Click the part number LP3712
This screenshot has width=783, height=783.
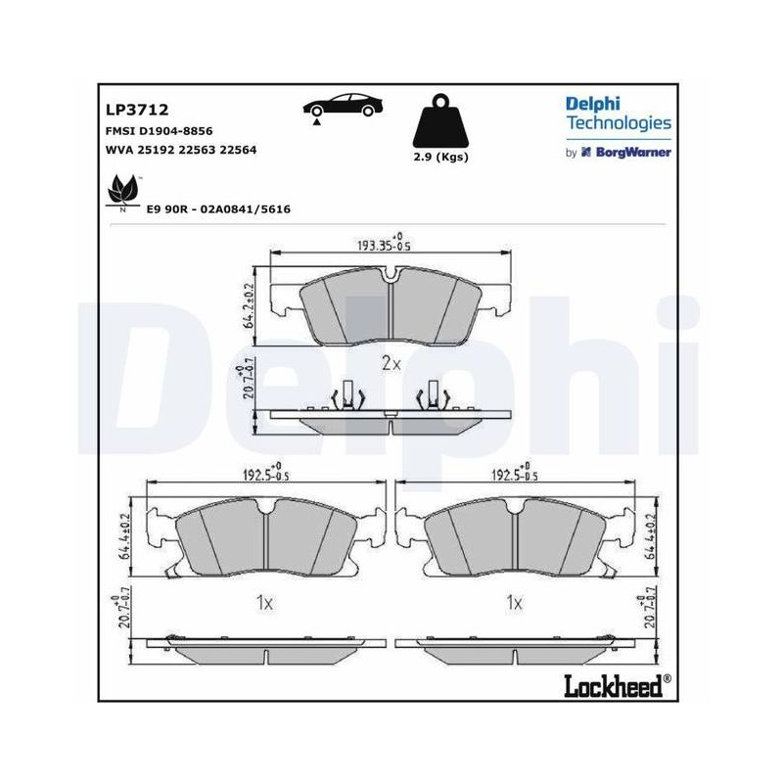(137, 110)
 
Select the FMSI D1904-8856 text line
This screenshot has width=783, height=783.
(159, 131)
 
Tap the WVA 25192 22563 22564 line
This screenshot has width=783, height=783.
(181, 150)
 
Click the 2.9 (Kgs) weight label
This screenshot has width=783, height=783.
(441, 157)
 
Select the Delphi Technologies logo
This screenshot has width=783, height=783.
(619, 114)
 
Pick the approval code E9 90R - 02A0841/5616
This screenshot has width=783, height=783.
(218, 209)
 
